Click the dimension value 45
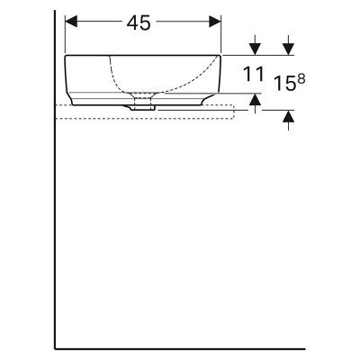point(139,23)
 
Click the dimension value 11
point(254,75)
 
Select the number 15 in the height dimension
point(284,84)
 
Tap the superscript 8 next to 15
point(301,79)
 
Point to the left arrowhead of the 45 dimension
point(71,22)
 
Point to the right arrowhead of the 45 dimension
point(215,22)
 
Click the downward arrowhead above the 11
point(255,49)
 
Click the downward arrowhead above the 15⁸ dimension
point(288,49)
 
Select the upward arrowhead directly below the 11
point(255,99)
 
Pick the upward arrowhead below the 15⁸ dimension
point(288,116)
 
